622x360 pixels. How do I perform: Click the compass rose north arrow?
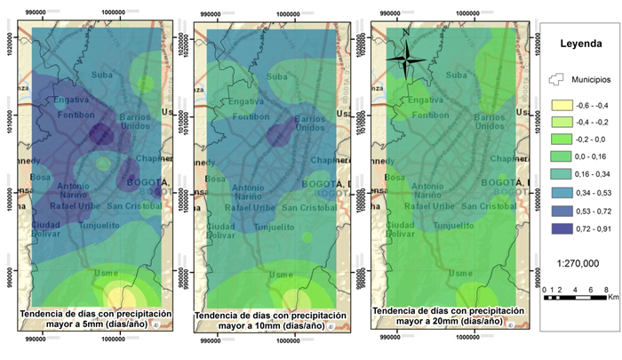click(406, 60)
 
